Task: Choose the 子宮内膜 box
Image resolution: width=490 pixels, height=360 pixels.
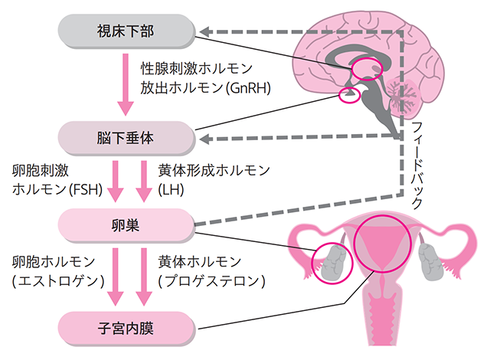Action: point(125,329)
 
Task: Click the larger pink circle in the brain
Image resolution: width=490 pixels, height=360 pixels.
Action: point(367,70)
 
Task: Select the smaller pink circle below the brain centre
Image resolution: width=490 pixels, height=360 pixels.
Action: point(349,96)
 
